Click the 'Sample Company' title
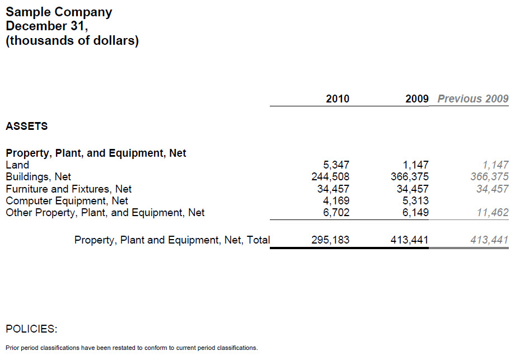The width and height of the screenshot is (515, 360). [x=59, y=12]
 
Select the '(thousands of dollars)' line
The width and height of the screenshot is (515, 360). [x=72, y=40]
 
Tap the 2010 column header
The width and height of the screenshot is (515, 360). [x=337, y=99]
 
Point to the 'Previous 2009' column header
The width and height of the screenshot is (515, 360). [x=472, y=99]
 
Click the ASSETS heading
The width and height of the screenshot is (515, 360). [x=26, y=126]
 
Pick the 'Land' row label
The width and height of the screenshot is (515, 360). [x=17, y=165]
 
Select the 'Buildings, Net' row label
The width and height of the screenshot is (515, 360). [x=38, y=177]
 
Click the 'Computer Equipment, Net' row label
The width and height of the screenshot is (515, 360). [x=67, y=200]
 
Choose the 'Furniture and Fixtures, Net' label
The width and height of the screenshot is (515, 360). [x=68, y=189]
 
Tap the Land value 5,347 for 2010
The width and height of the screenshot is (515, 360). [x=336, y=165]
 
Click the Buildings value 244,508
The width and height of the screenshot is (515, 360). [x=330, y=177]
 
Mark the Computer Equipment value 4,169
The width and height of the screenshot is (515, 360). [x=336, y=200]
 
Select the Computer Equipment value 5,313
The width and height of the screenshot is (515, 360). [x=416, y=200]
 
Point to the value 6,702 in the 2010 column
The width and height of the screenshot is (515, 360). [x=336, y=212]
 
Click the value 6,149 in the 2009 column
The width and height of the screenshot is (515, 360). [x=416, y=212]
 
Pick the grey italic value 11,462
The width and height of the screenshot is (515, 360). [x=493, y=212]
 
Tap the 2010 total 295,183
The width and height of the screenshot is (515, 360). [x=330, y=240]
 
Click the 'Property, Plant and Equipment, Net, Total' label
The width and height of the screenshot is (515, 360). [x=172, y=240]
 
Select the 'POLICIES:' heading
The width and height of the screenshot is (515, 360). [x=31, y=328]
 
